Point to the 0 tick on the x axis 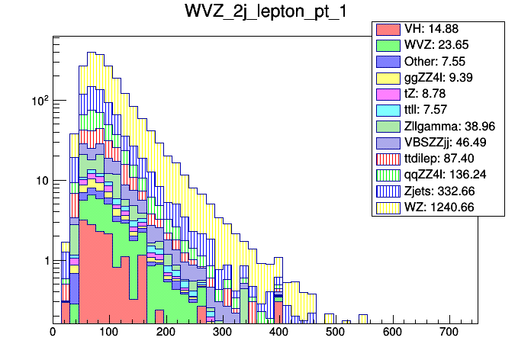[x=53, y=333]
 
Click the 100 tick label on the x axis [x=109, y=333]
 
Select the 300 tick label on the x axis [x=223, y=333]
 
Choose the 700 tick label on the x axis [x=449, y=333]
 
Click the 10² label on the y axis [x=37, y=100]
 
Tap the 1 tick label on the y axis [x=42, y=261]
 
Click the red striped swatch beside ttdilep [x=388, y=158]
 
